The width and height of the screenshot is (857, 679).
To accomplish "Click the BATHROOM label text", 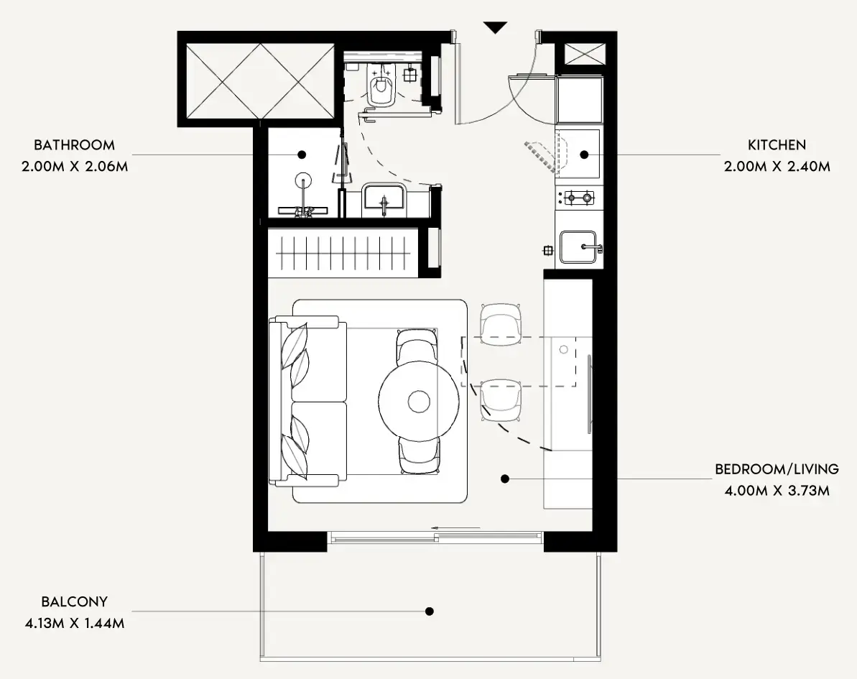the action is tap(74, 145).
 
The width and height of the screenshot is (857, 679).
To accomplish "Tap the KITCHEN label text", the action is tap(777, 145).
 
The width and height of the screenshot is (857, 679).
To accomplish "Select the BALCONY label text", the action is tap(74, 601).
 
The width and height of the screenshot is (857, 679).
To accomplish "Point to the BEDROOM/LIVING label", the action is tap(777, 469).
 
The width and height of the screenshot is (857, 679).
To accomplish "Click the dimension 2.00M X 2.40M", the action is tap(777, 166).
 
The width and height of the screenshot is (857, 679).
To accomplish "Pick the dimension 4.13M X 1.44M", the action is tap(74, 623).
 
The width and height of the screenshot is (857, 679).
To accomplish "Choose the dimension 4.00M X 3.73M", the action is tap(777, 490).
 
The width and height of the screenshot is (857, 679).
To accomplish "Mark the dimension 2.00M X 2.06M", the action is tap(74, 166).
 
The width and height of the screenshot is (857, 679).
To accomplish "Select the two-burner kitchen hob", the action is tap(579, 198).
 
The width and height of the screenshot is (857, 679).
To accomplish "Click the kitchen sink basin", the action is tap(578, 247).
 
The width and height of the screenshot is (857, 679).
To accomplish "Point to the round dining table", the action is tap(419, 402).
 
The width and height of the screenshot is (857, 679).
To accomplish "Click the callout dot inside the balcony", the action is tap(430, 611).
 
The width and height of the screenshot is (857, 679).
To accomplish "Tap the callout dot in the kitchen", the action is tap(584, 154).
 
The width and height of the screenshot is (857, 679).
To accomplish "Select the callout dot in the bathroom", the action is tap(302, 154).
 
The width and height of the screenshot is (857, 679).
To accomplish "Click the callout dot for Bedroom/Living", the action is tap(505, 479).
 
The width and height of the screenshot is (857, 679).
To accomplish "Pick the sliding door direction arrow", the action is tap(455, 527).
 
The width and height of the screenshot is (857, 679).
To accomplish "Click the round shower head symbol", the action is tap(303, 180).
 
